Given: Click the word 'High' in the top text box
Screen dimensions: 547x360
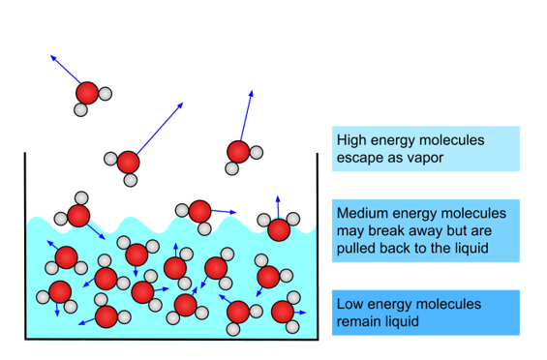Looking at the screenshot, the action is click(x=351, y=140).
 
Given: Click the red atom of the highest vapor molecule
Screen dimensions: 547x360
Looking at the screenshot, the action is click(x=87, y=93).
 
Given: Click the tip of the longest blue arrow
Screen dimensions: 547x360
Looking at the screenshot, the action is click(x=183, y=103).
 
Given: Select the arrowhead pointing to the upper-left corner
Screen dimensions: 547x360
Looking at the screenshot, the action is click(x=53, y=57).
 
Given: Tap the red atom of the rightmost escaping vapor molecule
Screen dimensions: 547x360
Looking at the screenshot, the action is click(x=238, y=152).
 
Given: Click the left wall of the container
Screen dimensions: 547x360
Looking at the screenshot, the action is click(x=25, y=246).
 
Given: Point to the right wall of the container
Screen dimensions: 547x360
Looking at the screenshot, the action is click(x=318, y=246).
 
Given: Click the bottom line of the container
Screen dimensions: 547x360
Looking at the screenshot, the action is click(x=171, y=339).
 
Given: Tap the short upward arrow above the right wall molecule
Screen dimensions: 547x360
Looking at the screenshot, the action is click(x=278, y=207).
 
